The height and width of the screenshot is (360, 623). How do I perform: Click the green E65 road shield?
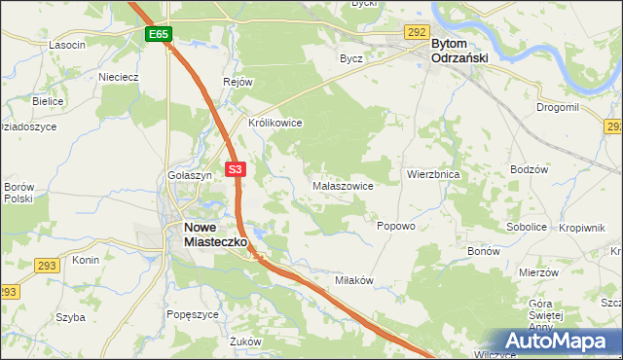[x=160, y=34]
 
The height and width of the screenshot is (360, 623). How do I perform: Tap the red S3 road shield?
[x=235, y=169]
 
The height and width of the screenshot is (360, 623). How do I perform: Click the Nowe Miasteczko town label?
[x=214, y=234]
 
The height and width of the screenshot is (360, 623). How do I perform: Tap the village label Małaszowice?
[x=342, y=185]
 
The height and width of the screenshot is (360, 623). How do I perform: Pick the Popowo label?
[x=396, y=225]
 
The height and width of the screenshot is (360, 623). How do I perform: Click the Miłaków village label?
[x=354, y=280]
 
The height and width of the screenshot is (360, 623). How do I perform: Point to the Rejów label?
[x=238, y=82]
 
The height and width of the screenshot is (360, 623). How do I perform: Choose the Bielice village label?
[x=48, y=101]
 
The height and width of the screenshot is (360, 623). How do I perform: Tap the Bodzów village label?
[x=530, y=169]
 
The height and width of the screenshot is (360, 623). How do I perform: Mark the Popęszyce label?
[x=192, y=313]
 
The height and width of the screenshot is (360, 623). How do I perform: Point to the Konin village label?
[x=86, y=261]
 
